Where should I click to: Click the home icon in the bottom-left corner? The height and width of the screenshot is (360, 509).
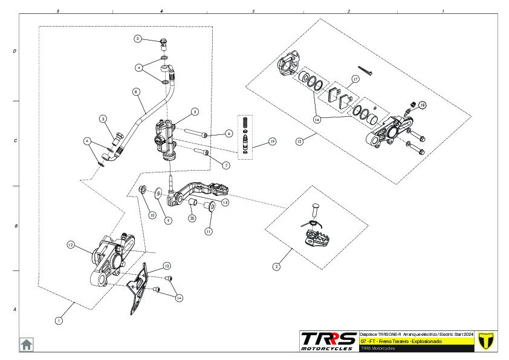coord(27,344)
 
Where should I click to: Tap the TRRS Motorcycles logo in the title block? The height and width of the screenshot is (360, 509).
coord(329,341)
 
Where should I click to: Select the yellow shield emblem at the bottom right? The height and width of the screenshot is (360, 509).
coord(486,341)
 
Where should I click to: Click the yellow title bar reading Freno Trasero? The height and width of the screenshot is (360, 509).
coord(416,342)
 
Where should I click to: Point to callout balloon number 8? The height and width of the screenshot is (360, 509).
coord(136,92)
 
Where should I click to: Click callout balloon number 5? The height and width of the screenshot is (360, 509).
coord(194,111)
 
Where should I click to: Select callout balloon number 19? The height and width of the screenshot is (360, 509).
coord(272,142)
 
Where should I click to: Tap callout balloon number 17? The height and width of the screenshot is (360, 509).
coord(355,79)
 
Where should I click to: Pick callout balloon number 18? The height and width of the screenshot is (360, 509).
coord(422,105)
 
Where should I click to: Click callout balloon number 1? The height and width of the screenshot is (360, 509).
coord(59,321)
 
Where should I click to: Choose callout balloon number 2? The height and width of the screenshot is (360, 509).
coord(277,266)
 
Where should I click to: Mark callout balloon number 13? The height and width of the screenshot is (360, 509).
coord(166,266)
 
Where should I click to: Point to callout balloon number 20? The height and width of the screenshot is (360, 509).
coord(192,218)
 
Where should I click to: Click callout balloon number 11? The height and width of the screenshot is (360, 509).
coord(209,231)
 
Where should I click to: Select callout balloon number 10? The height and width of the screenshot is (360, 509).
coord(152,215)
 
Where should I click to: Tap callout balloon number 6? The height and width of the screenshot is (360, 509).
coord(229,133)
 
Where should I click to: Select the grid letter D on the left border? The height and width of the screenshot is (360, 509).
coord(15,51)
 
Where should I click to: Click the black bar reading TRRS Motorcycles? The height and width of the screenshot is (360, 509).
coord(416,349)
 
